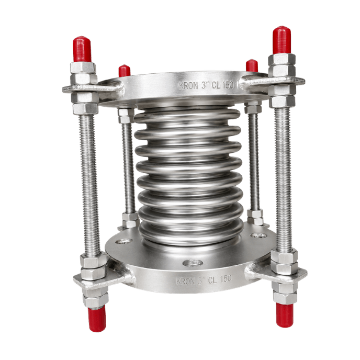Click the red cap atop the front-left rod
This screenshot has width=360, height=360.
(82, 49)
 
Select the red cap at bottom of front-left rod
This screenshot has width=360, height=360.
(97, 320)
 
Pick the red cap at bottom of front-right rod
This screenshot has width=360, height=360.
(285, 315)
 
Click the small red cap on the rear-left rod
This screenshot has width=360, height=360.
(125, 71)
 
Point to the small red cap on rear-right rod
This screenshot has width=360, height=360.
(252, 65)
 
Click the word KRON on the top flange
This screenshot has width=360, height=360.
(188, 86)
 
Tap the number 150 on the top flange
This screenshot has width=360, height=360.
(228, 85)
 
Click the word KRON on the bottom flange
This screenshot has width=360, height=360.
(185, 282)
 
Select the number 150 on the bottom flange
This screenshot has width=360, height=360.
(226, 279)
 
